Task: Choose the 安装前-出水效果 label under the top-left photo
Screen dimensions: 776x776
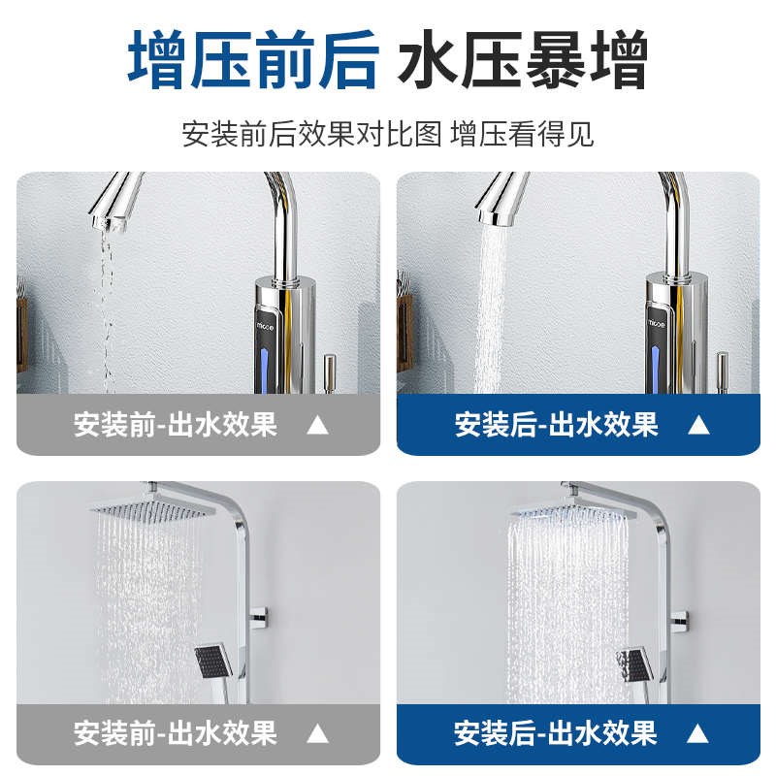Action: point(176,425)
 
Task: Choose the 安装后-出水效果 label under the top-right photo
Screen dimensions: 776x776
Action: point(557,425)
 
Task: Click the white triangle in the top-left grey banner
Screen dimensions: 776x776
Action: point(317,425)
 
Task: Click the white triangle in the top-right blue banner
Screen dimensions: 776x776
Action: point(698,425)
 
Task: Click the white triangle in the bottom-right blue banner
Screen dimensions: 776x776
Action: point(698,732)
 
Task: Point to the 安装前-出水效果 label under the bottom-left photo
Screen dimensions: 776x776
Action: point(176,732)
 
